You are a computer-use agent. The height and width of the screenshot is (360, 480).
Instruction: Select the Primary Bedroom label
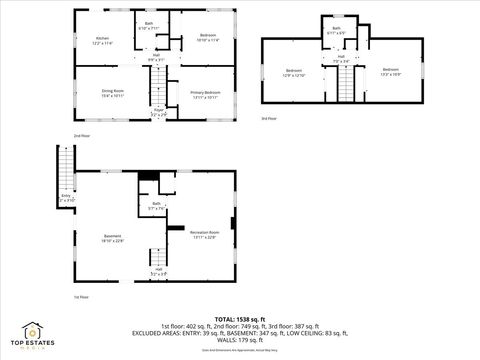206,94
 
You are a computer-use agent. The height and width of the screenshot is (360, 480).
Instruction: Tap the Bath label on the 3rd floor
337,30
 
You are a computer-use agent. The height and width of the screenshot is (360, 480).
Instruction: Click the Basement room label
112,238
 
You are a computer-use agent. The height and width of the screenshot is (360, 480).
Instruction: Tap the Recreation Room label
205,234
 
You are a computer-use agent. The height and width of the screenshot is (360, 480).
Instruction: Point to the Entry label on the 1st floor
66,199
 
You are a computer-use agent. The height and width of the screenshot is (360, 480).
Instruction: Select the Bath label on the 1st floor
157,206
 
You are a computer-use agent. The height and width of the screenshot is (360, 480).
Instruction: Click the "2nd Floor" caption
81,134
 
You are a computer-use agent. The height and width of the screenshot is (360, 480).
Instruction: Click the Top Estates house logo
33,330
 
